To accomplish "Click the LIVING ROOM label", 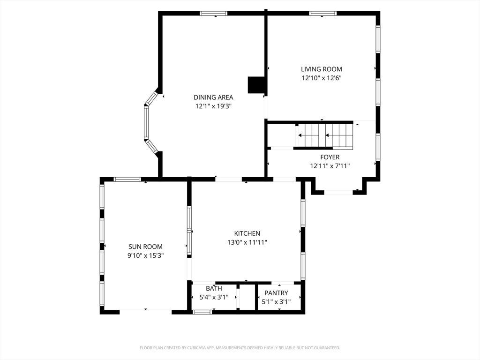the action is click(x=322, y=69).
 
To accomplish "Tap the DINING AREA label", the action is click(x=213, y=97).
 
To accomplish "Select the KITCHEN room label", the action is click(x=247, y=233).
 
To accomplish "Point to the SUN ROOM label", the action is click(x=145, y=247).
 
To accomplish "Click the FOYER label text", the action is click(x=330, y=157).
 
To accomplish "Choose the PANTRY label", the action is click(x=276, y=293).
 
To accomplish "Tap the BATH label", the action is click(x=214, y=288).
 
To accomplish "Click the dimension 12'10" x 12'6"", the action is click(x=322, y=78).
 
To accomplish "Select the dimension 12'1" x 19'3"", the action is click(x=213, y=106).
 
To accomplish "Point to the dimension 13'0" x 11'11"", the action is click(x=247, y=242).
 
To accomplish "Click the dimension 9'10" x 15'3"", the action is click(x=145, y=255).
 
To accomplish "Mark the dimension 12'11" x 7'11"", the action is click(x=330, y=166).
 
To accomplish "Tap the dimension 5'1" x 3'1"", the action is click(x=276, y=302).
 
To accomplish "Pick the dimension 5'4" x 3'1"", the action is click(x=214, y=297).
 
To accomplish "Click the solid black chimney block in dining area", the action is click(x=256, y=85).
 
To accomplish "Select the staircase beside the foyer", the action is click(x=324, y=135).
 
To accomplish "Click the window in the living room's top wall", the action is click(x=322, y=14).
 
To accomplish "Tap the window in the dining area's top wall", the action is click(x=214, y=14).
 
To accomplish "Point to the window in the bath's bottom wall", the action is click(x=202, y=312).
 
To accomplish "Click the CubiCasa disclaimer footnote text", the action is click(x=240, y=348).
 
